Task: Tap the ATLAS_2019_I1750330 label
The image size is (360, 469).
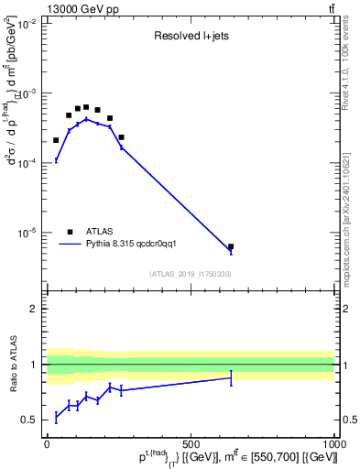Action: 191,274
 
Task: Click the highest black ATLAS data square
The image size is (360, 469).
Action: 86,107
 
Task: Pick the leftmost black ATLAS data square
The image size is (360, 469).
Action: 56,140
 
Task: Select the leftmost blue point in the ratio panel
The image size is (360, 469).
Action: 56,417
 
